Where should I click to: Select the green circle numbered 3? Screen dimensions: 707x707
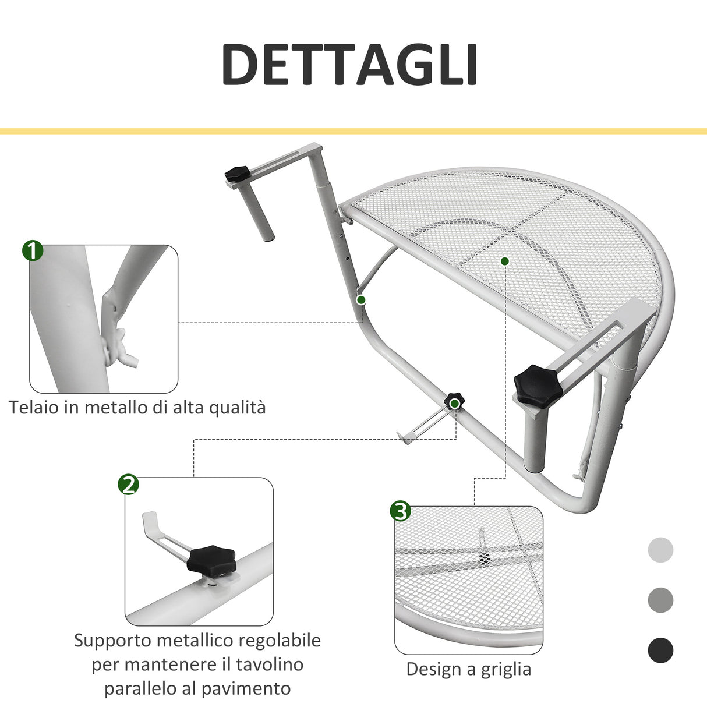pyautogui.click(x=400, y=511)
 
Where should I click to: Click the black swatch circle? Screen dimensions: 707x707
pyautogui.click(x=660, y=650)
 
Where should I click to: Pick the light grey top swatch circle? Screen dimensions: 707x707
pyautogui.click(x=660, y=550)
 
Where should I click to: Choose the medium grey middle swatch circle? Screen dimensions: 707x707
pyautogui.click(x=660, y=600)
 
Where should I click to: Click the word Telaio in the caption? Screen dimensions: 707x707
pyautogui.click(x=34, y=407)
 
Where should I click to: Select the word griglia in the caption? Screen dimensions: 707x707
pyautogui.click(x=506, y=669)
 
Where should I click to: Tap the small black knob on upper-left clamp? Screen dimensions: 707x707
pyautogui.click(x=238, y=174)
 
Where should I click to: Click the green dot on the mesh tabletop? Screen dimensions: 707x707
pyautogui.click(x=504, y=261)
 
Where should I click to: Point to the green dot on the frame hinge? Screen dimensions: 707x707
pyautogui.click(x=361, y=300)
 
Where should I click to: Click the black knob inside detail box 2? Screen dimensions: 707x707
pyautogui.click(x=211, y=559)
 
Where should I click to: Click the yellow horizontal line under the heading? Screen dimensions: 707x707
pyautogui.click(x=353, y=132)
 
